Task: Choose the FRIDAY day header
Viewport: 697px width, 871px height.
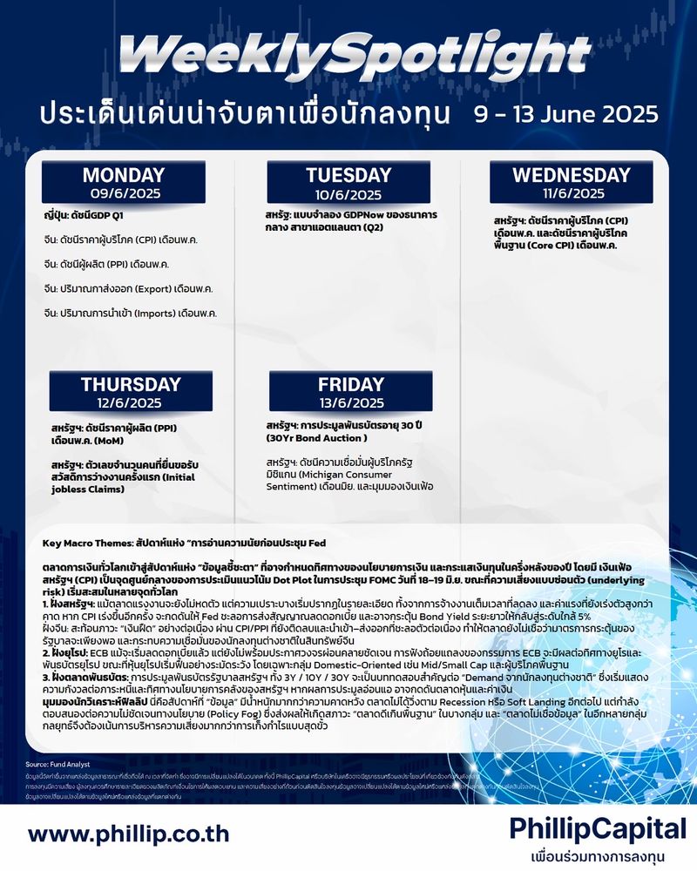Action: point(350,384)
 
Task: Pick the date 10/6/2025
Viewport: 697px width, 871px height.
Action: point(348,194)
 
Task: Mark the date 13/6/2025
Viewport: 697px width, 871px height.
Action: point(350,402)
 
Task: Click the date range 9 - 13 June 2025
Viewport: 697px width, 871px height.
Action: point(566,114)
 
